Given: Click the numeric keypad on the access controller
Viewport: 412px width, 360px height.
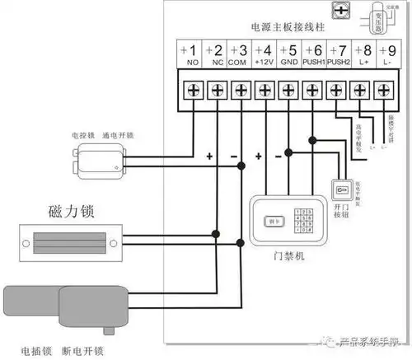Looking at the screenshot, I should click(x=307, y=222).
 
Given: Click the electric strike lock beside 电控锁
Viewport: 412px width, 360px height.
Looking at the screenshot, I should click(x=103, y=161).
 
